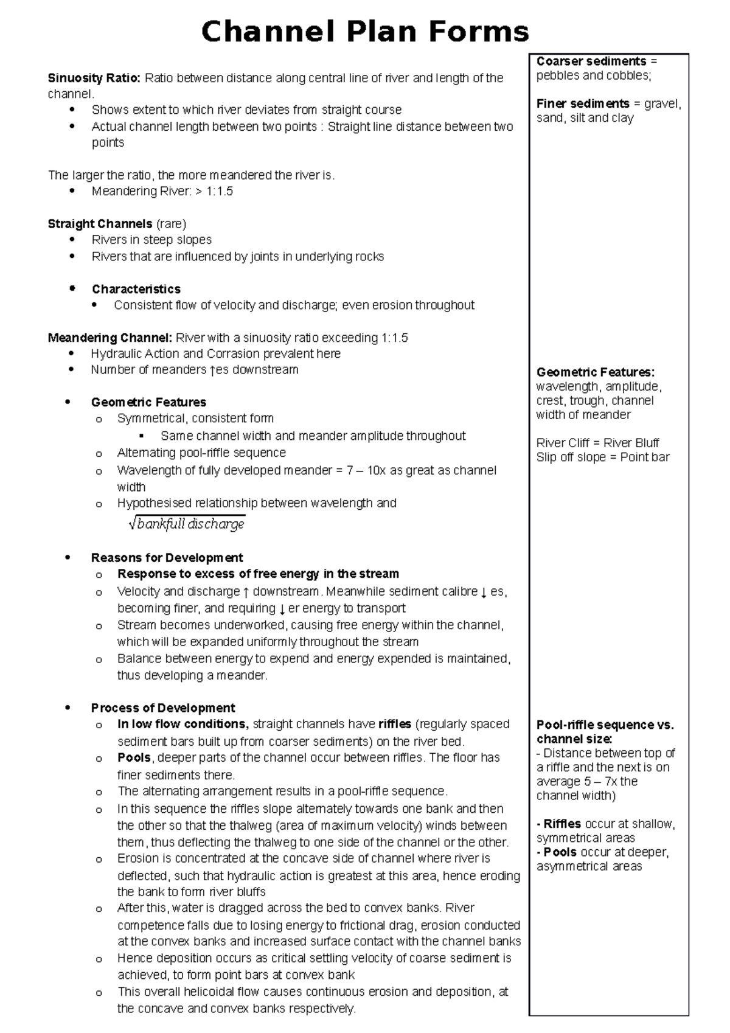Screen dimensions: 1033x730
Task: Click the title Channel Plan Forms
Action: coord(365,32)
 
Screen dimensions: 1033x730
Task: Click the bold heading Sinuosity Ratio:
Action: coord(94,78)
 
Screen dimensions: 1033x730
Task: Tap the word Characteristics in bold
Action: coord(136,289)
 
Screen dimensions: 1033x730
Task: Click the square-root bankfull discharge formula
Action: coord(187,524)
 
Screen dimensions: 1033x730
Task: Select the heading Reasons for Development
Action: coord(167,558)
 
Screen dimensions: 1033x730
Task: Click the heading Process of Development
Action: coord(163,708)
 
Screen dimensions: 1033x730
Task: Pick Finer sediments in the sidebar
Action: coord(582,104)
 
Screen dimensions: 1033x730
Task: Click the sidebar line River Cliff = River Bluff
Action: coord(597,443)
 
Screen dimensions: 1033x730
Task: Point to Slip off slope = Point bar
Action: coord(602,457)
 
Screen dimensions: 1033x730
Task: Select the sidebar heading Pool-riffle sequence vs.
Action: coord(605,725)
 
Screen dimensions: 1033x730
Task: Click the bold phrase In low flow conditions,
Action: coord(182,724)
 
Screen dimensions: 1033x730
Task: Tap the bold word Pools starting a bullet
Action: coord(134,758)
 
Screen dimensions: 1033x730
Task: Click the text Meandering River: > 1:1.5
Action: coord(162,192)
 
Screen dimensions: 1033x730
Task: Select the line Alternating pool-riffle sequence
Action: coord(201,453)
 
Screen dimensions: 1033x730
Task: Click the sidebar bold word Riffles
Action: coord(563,824)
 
